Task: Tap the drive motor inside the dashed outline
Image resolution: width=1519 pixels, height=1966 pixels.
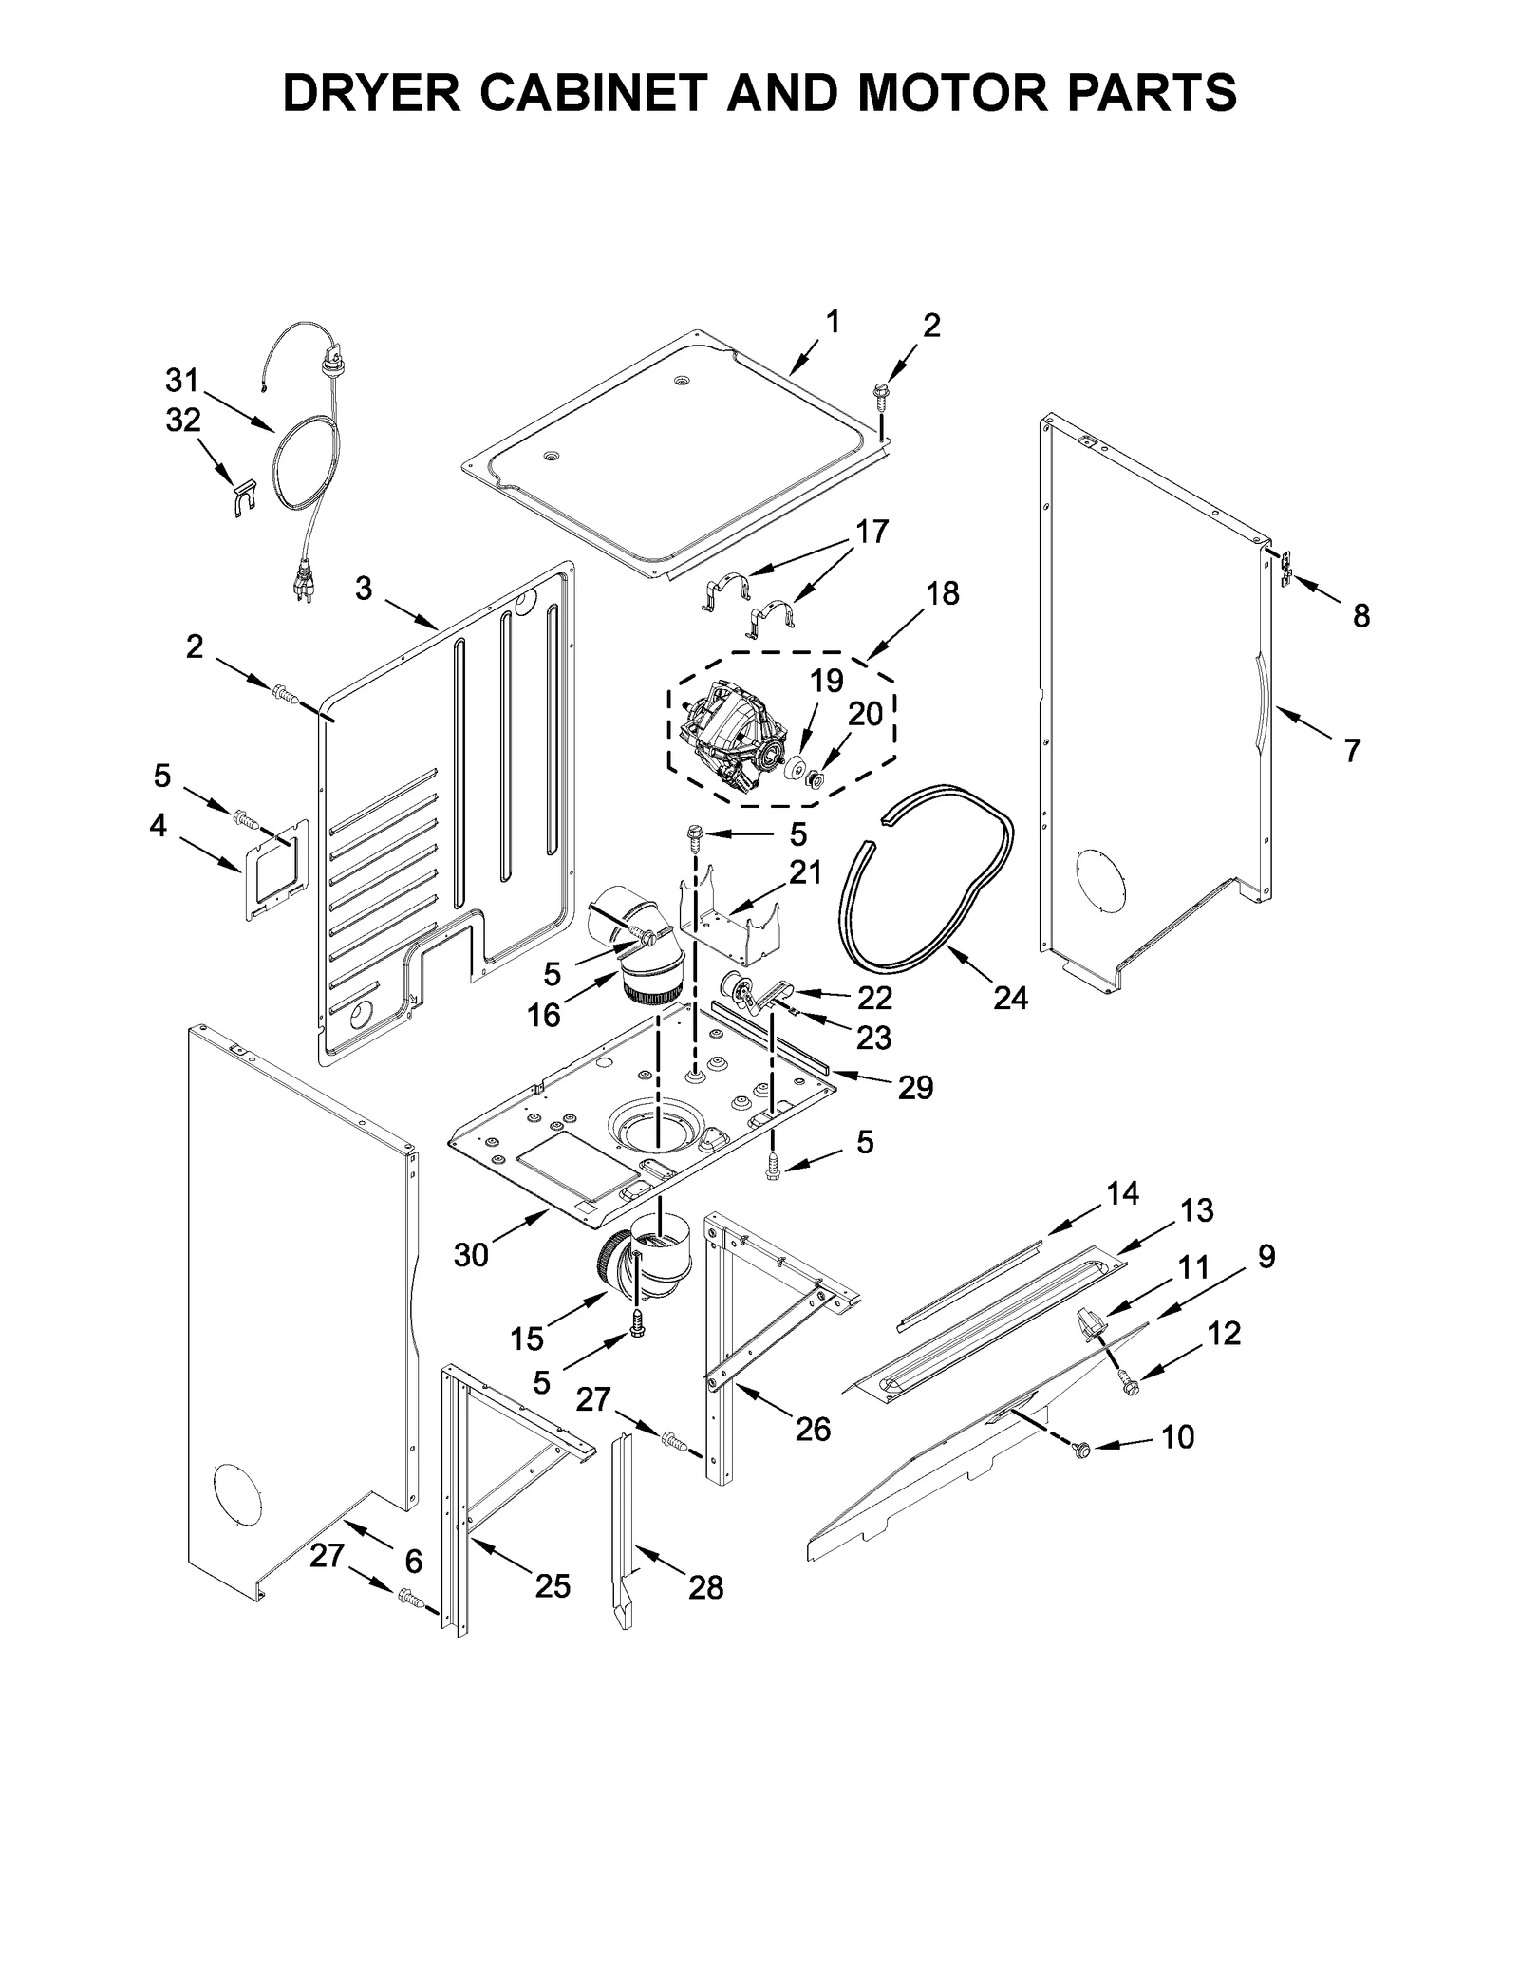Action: click(731, 739)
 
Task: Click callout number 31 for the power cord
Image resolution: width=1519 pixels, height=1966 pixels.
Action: click(181, 382)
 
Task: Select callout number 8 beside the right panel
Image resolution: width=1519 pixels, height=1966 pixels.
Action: click(1360, 616)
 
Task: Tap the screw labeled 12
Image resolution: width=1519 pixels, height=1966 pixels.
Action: click(1128, 1385)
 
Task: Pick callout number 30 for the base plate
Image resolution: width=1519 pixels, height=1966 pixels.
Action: click(471, 1255)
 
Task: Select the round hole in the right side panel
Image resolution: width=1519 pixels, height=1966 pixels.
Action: click(1097, 872)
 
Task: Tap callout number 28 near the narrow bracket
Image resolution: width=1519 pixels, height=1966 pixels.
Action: click(705, 1587)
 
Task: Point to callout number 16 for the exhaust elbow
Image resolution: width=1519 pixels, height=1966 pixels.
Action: click(544, 1016)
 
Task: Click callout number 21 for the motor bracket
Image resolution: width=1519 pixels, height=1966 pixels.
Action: click(805, 872)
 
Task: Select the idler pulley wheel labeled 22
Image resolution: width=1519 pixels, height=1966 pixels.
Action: click(738, 989)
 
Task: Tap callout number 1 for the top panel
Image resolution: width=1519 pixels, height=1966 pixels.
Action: click(833, 323)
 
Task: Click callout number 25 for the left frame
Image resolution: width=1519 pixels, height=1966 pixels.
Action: click(553, 1585)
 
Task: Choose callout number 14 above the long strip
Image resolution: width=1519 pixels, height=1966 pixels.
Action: click(1122, 1193)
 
